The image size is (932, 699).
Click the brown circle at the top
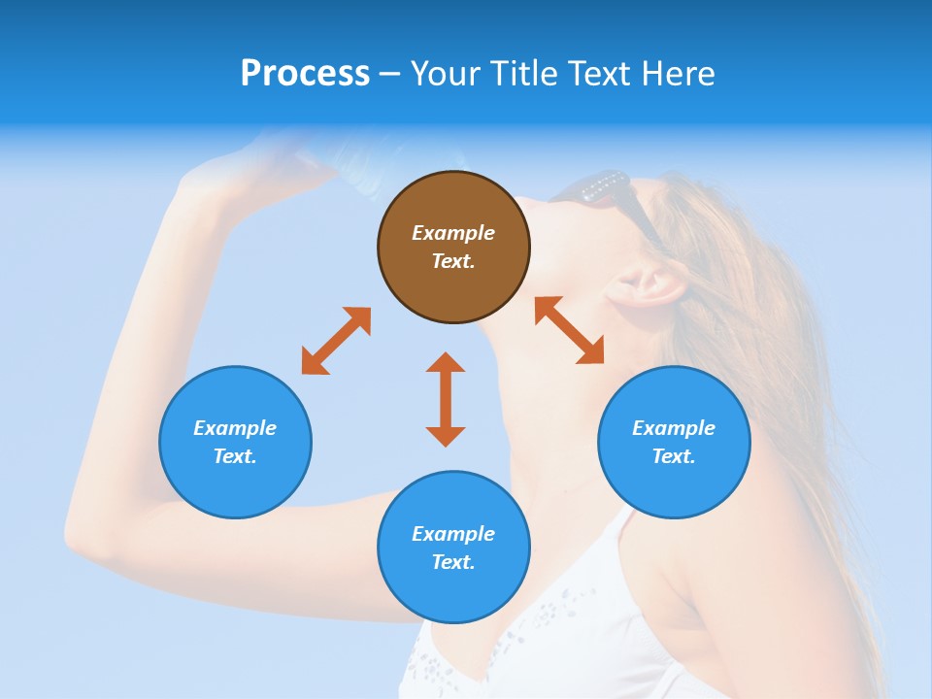pyautogui.click(x=453, y=247)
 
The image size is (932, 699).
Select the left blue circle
pyautogui.click(x=235, y=442)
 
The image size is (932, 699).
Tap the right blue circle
pyautogui.click(x=674, y=442)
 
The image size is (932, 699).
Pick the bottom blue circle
pyautogui.click(x=453, y=548)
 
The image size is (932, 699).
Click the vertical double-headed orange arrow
pyautogui.click(x=446, y=399)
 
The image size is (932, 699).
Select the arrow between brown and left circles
pyautogui.click(x=336, y=341)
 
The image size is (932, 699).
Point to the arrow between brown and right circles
pyautogui.click(x=570, y=330)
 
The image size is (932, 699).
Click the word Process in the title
pyautogui.click(x=305, y=73)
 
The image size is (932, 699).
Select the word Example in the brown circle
pyautogui.click(x=453, y=233)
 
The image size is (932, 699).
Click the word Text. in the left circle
pyautogui.click(x=235, y=456)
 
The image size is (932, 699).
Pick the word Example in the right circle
pyautogui.click(x=674, y=428)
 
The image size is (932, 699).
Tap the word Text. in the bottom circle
pyautogui.click(x=453, y=562)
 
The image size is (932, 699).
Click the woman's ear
pyautogui.click(x=643, y=284)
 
